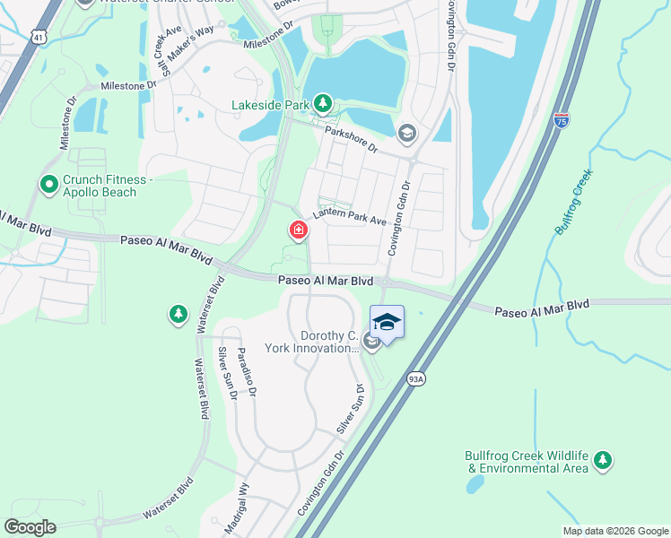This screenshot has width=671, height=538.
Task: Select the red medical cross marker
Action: coord(297,231)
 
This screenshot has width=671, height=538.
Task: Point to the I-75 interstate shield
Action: coord(561,119)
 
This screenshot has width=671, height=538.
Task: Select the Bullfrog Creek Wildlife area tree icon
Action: coord(603,460)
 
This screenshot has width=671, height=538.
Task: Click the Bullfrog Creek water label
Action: coord(575,205)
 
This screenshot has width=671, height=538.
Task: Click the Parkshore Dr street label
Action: coord(351,140)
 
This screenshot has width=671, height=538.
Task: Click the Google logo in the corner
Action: coord(30,527)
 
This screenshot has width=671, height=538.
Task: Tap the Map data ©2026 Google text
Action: coord(615,531)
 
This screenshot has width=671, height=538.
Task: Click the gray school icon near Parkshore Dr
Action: coord(408,134)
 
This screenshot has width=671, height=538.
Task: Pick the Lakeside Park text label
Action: coord(270,106)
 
